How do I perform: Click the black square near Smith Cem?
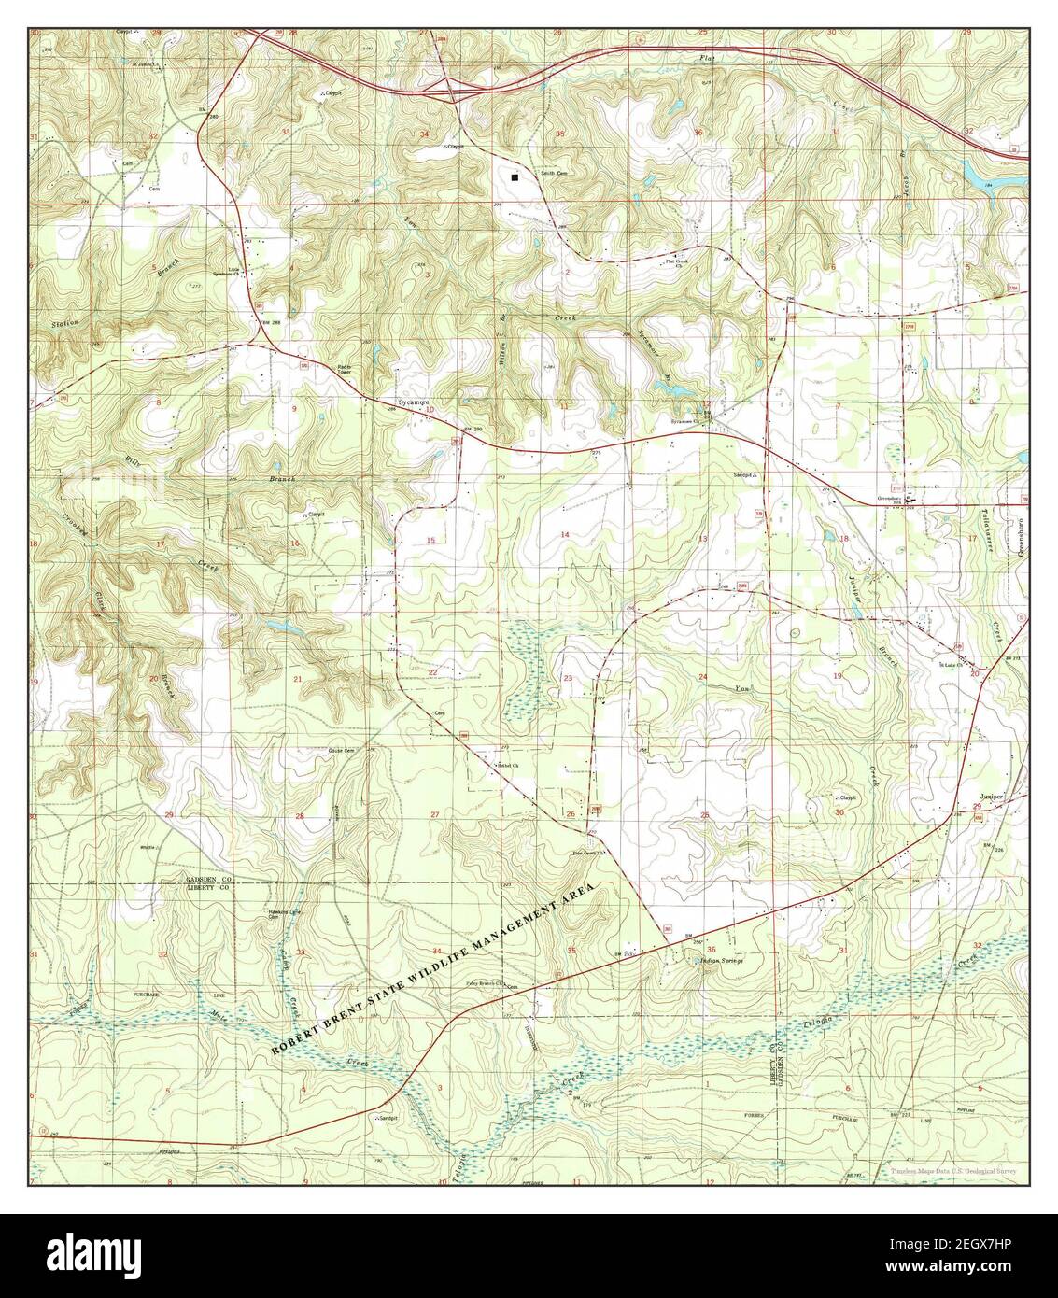tap(514, 176)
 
